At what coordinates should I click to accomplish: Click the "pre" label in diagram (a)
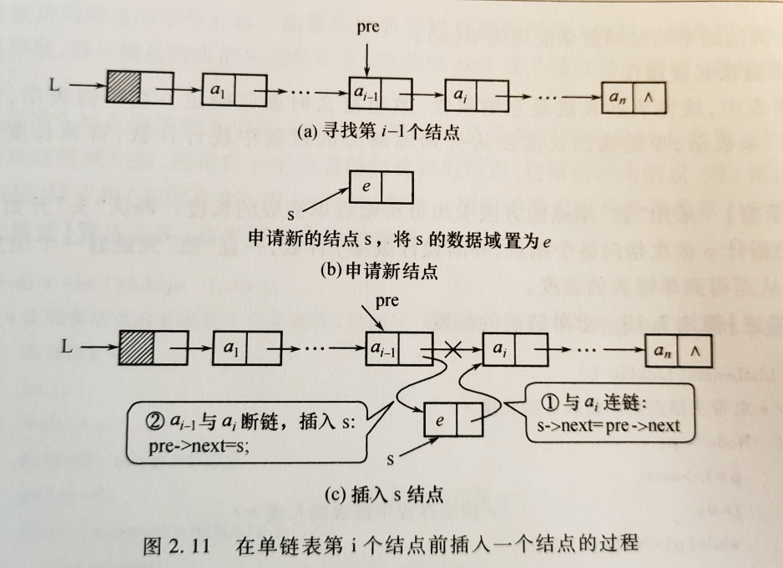click(x=367, y=27)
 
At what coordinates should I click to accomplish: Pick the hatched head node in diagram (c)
click(x=136, y=345)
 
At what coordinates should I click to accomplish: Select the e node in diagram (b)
click(x=381, y=185)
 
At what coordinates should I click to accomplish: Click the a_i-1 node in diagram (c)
click(x=399, y=351)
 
